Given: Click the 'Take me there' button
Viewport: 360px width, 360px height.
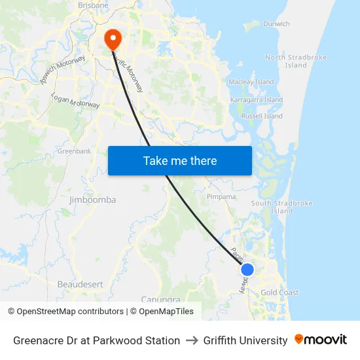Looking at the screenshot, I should (180, 160).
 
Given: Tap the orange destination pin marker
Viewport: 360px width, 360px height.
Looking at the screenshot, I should (113, 38).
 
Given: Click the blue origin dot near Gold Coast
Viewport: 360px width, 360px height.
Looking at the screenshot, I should (247, 269).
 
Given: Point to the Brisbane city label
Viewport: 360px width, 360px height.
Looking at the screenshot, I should (93, 5).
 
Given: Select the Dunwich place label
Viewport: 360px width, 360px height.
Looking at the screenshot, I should (276, 24).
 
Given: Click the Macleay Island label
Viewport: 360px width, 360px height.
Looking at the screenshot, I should (251, 82).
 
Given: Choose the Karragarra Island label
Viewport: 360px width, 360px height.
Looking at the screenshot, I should (256, 99).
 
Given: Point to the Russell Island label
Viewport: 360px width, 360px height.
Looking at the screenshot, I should (262, 116).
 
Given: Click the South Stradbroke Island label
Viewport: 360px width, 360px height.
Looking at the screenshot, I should (282, 207).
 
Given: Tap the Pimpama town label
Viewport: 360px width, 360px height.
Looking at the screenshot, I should (221, 196).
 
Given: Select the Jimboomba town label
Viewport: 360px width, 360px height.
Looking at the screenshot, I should (92, 199).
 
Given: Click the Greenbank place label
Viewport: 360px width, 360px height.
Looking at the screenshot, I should (74, 151).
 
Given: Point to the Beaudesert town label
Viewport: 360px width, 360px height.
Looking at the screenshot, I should (81, 284).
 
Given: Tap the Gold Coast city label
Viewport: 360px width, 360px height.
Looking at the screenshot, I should (279, 293).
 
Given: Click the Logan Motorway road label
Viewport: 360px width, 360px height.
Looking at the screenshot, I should (75, 100).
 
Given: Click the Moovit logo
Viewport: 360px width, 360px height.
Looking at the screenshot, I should (320, 340).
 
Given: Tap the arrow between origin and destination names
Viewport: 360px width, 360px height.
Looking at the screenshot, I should (192, 340).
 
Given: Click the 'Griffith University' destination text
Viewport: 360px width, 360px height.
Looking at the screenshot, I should (245, 340).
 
